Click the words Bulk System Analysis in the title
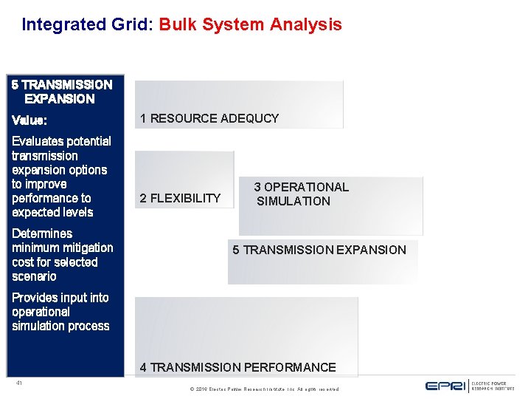(x=251, y=24)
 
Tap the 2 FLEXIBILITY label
(x=180, y=198)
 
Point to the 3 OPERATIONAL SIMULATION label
(x=301, y=194)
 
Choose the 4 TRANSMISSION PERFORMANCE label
(x=237, y=367)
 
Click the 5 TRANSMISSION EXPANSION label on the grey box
(x=319, y=250)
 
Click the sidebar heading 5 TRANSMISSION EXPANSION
(x=62, y=92)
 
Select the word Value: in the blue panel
(x=29, y=120)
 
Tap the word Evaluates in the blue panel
(x=36, y=141)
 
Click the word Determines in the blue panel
(x=42, y=233)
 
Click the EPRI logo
(x=445, y=386)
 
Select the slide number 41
(x=18, y=383)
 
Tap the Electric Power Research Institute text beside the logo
(x=489, y=386)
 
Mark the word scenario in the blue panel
(x=34, y=276)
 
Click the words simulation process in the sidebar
(x=60, y=326)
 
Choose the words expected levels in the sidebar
(x=52, y=212)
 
